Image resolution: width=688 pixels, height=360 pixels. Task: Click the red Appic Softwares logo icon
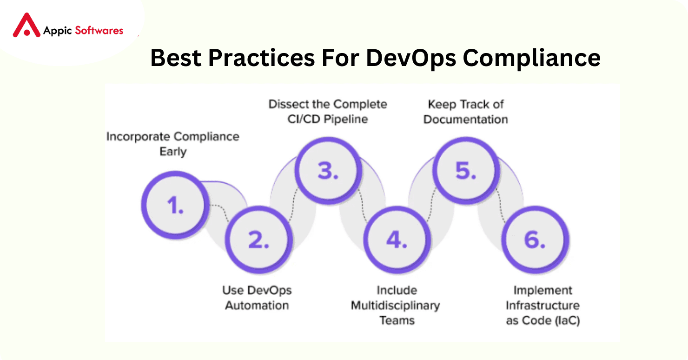[26, 26]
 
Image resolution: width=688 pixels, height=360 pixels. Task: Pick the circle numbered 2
[258, 240]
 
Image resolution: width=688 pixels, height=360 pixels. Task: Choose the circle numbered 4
[397, 240]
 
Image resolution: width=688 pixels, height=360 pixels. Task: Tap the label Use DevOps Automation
[257, 298]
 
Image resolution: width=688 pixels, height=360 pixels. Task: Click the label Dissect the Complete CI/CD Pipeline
[328, 112]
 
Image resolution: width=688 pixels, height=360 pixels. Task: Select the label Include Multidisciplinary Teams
[396, 305]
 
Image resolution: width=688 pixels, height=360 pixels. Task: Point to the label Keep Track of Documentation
[466, 112]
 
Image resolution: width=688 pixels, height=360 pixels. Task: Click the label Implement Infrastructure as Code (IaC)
[542, 305]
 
